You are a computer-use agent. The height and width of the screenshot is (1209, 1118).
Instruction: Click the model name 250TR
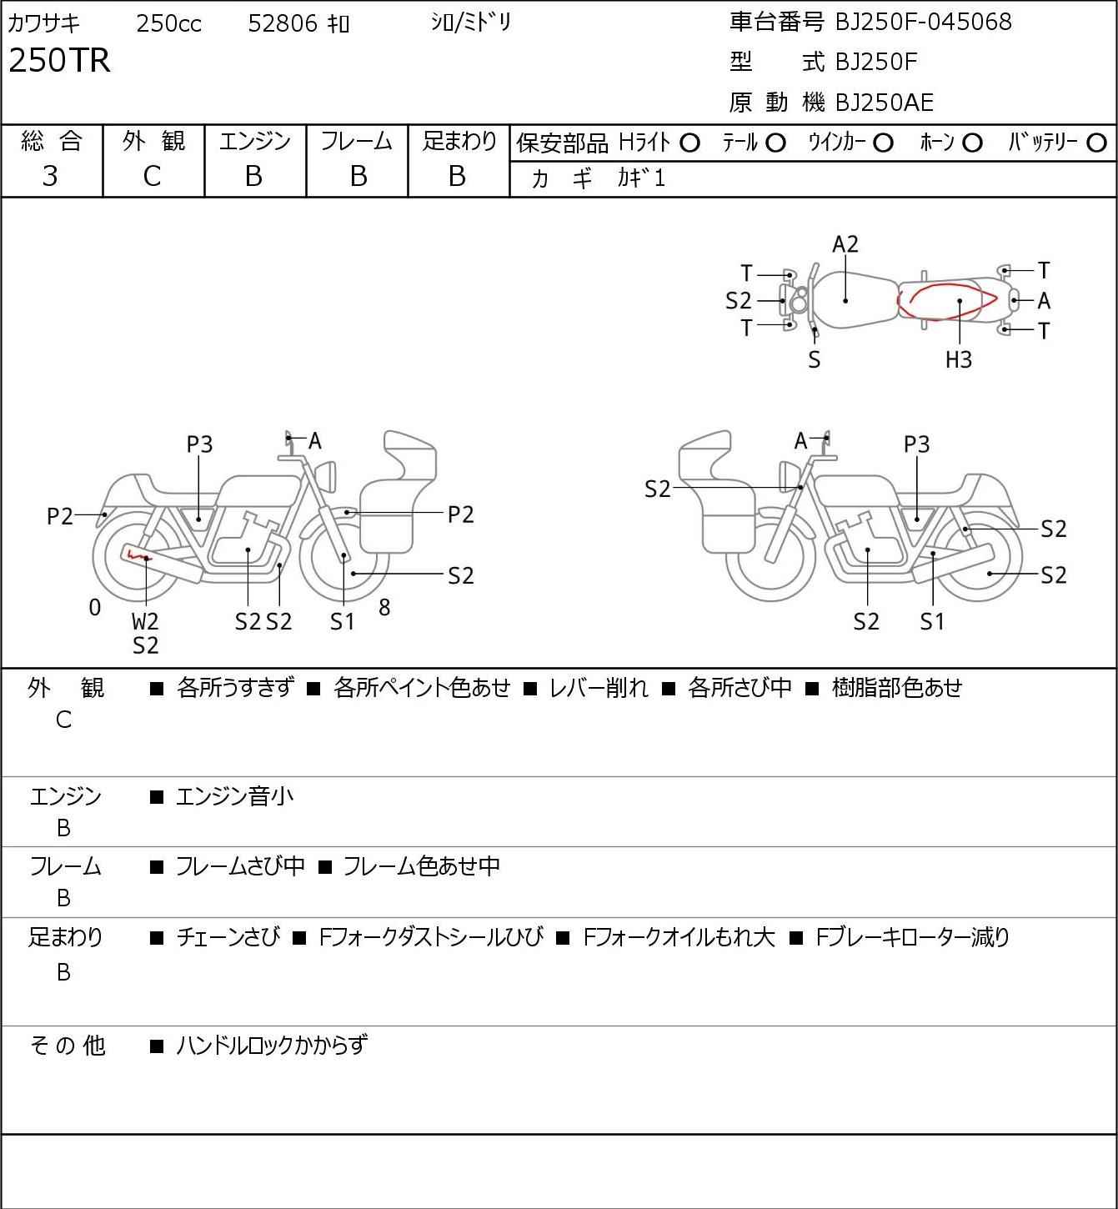59,61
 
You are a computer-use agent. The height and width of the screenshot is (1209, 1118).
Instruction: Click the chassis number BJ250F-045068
923,22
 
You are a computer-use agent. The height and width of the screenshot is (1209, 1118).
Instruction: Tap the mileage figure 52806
283,23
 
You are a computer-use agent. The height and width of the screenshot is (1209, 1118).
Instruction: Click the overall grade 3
50,176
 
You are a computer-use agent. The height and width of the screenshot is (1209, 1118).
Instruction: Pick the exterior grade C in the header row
152,176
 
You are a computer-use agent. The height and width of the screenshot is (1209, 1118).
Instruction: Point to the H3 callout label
959,359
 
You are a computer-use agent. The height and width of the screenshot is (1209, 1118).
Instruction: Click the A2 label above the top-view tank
845,244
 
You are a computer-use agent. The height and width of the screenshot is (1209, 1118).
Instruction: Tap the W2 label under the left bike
145,621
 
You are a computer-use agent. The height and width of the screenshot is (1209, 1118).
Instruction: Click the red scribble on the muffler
136,554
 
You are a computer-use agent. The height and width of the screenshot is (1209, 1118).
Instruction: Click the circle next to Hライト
689,143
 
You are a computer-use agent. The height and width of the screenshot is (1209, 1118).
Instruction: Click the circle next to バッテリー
1097,143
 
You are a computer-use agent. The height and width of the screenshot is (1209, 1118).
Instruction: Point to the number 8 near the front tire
384,607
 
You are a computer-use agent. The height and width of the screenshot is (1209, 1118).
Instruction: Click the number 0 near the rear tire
95,607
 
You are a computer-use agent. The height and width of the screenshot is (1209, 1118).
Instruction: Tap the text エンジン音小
235,797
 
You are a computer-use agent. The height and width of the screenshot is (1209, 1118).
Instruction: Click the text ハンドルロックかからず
272,1045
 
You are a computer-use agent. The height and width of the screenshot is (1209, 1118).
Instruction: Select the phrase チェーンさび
228,937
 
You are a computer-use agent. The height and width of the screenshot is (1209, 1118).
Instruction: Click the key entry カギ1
641,178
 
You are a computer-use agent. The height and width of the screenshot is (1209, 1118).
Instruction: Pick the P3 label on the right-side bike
916,444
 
